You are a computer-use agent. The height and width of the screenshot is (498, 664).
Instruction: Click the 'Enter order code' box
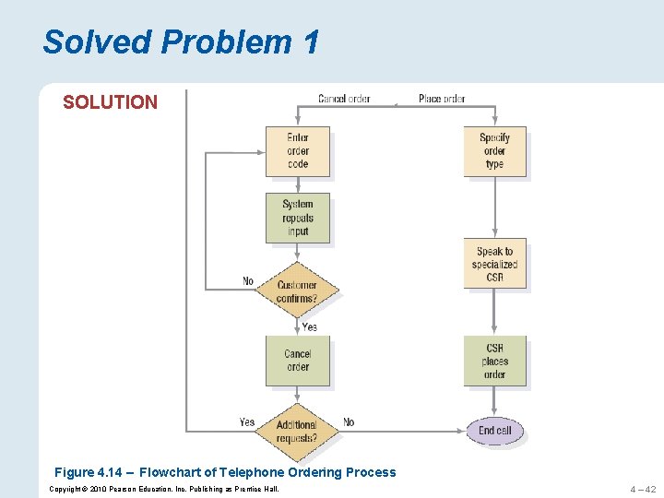(x=297, y=151)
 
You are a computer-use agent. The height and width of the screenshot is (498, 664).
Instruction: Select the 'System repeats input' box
(x=297, y=218)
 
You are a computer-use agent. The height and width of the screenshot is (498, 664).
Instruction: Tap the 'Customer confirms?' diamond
(x=297, y=291)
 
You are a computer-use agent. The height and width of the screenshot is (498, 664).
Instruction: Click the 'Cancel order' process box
(x=297, y=361)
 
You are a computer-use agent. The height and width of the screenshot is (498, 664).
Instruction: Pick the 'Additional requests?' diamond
(x=297, y=431)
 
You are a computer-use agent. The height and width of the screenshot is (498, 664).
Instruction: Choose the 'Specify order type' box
(x=494, y=151)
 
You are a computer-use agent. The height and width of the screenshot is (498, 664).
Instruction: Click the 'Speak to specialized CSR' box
(x=495, y=264)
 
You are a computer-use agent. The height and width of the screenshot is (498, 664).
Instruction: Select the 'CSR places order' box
(x=494, y=361)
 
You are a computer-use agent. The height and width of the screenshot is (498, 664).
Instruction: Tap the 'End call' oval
(x=495, y=431)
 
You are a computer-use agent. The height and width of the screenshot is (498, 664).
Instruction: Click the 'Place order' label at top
(x=442, y=99)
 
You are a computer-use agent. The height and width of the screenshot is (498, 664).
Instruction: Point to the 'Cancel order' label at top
(x=344, y=99)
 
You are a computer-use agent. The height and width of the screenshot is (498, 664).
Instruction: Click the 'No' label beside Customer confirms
(x=248, y=281)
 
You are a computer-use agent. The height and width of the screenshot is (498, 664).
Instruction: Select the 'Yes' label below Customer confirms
(x=310, y=326)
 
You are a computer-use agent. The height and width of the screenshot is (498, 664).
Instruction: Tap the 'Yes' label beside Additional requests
(x=247, y=422)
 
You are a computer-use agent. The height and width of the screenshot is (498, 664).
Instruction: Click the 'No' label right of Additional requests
(x=349, y=422)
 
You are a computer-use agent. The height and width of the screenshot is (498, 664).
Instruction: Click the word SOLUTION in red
(x=110, y=102)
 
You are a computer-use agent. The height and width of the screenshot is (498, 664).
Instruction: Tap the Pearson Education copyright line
(x=163, y=488)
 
